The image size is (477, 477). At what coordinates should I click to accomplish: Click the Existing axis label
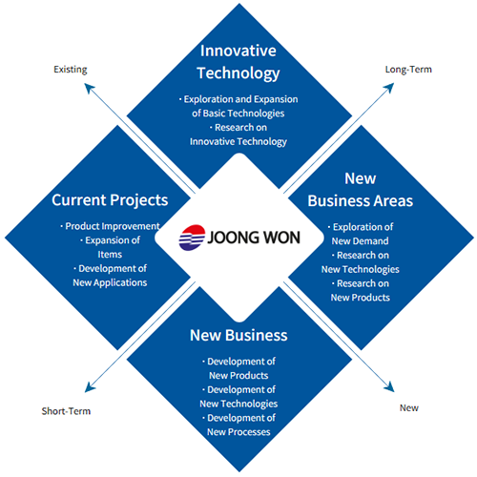71,70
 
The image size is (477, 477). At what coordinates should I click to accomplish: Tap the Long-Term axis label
408,70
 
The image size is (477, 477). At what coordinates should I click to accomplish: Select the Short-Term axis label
66,411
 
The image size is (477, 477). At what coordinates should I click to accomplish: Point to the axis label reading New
409,407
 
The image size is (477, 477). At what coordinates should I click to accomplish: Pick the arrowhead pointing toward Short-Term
89,387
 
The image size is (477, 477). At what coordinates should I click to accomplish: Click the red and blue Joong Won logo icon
192,238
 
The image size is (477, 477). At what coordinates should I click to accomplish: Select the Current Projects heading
110,200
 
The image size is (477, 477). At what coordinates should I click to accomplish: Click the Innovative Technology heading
238,62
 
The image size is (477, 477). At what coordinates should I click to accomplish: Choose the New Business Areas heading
361,190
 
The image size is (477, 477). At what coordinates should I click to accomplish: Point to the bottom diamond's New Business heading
238,335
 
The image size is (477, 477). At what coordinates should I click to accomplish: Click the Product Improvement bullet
110,226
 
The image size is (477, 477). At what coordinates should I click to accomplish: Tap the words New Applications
110,282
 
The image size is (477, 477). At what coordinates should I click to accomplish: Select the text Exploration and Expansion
240,99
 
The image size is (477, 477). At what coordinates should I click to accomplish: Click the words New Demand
360,241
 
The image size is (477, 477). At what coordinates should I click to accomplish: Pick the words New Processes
238,432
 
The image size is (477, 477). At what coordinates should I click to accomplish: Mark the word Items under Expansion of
110,255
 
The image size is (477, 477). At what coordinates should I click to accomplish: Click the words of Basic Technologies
238,114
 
